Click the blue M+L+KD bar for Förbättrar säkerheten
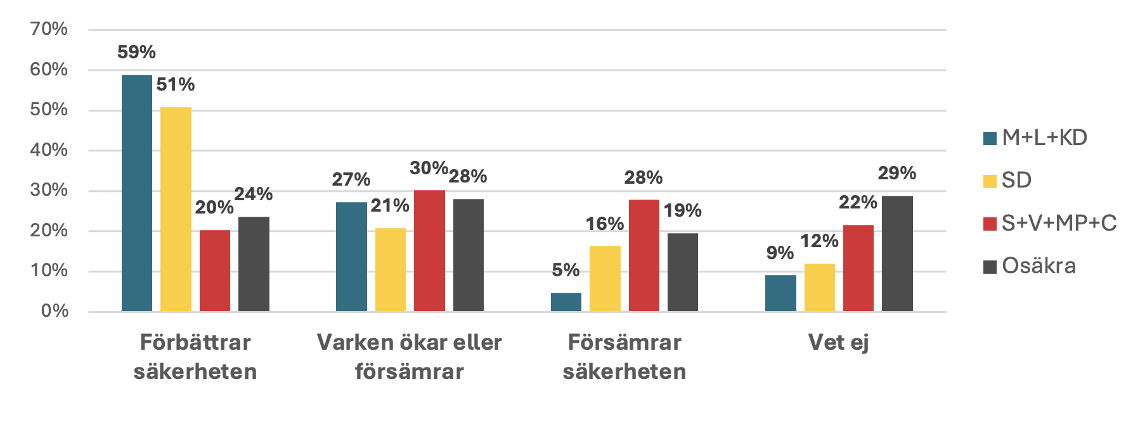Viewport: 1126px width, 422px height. (137, 193)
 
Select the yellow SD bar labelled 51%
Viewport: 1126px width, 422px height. (176, 209)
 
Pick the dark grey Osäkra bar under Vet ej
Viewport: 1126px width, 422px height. (897, 253)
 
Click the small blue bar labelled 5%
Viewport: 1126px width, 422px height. (566, 302)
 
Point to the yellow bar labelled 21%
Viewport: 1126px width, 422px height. (391, 269)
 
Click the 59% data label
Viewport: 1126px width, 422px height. (136, 52)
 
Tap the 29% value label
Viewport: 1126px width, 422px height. (896, 173)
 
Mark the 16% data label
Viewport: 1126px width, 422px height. (604, 224)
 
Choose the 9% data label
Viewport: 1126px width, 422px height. (780, 253)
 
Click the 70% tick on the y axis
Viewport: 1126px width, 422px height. (49, 29)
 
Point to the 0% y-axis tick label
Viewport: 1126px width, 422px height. (55, 310)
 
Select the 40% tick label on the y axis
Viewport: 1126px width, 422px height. (49, 150)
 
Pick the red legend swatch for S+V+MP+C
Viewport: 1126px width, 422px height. (990, 224)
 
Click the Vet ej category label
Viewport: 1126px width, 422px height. (838, 342)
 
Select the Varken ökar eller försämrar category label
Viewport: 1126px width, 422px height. (410, 356)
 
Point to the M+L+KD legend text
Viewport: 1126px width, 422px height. (1044, 137)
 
